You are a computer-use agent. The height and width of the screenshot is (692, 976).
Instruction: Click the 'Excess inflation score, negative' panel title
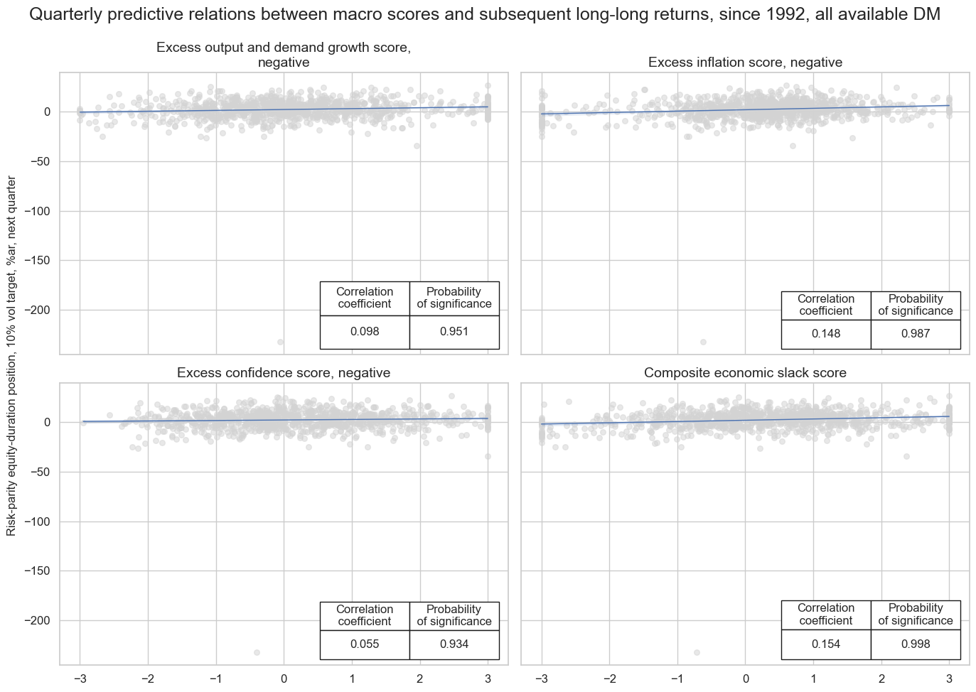click(x=745, y=63)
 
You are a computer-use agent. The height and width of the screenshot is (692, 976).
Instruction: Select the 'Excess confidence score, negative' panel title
click(x=284, y=373)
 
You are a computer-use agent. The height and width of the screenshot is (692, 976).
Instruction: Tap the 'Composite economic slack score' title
click(x=745, y=373)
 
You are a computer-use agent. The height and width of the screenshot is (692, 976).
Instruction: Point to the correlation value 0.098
click(x=365, y=332)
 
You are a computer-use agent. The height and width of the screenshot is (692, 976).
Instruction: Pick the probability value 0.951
click(x=454, y=332)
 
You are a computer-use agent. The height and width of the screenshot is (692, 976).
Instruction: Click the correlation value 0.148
click(x=826, y=334)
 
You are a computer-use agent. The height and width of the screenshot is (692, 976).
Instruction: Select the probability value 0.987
click(x=916, y=334)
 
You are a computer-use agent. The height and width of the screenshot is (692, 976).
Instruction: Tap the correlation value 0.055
click(x=365, y=644)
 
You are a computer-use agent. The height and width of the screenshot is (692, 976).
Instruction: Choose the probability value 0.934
click(x=454, y=644)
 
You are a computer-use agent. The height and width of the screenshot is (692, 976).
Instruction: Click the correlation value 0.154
click(x=826, y=644)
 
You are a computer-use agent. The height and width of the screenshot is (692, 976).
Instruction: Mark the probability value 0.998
click(x=916, y=644)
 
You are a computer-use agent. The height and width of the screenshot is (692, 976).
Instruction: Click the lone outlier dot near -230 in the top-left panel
click(x=280, y=342)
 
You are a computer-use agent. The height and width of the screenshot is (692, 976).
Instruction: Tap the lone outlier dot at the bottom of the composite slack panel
click(x=697, y=652)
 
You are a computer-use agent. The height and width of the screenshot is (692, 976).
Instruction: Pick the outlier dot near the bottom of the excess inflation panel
click(x=703, y=342)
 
